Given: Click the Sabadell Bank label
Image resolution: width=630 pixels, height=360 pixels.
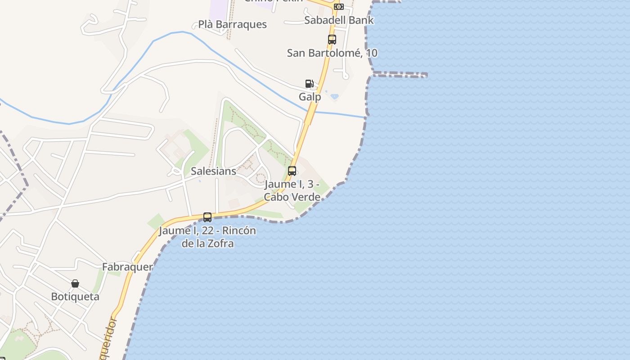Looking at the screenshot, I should click(x=339, y=20).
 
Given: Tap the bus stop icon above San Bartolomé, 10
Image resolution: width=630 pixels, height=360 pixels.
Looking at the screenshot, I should click(x=332, y=40).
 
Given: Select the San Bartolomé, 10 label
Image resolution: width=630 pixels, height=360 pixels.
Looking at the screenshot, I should click(x=332, y=53).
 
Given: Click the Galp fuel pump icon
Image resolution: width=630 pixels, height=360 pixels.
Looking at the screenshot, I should click(x=309, y=84).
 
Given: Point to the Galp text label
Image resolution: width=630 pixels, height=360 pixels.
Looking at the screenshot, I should click(x=310, y=97).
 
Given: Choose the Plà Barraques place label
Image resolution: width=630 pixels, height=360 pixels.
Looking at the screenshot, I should click(x=233, y=24).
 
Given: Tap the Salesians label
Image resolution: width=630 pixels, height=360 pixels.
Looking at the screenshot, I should click(x=213, y=171).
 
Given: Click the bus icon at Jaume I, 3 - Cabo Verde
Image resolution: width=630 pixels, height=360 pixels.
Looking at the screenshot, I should click(x=292, y=171).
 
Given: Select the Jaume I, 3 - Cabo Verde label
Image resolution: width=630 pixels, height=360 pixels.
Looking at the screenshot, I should click(x=292, y=190).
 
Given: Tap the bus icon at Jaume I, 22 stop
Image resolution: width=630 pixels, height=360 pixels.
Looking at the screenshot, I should click(x=207, y=217).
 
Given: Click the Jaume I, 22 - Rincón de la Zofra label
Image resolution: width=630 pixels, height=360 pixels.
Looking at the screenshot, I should click(x=207, y=237).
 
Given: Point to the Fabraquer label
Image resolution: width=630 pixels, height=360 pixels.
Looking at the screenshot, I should click(x=127, y=267).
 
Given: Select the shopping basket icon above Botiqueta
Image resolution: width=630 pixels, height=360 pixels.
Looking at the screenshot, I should click(x=75, y=283).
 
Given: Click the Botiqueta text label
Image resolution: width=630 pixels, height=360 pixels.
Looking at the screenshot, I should click(x=75, y=297).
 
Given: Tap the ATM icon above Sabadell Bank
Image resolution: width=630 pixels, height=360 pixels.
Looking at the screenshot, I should click(x=339, y=6).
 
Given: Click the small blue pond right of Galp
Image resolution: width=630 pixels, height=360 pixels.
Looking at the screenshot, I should click(x=334, y=96).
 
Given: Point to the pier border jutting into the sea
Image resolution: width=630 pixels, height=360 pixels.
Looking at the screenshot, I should click(x=400, y=74).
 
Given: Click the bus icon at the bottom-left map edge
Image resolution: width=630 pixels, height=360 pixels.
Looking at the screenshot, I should click(x=2, y=358).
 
